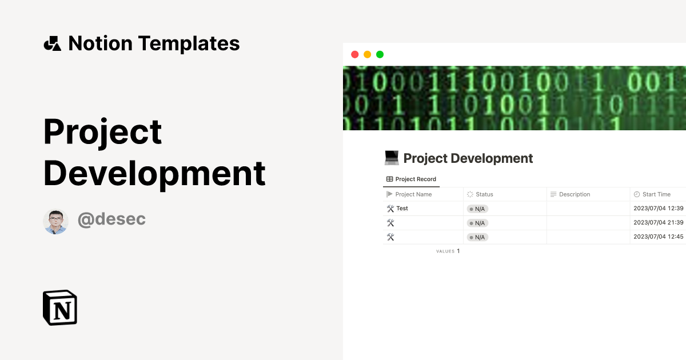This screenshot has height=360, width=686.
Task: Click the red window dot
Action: pos(354,54)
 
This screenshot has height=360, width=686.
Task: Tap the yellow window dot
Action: pos(367,54)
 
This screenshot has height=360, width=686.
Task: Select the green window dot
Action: pos(380,54)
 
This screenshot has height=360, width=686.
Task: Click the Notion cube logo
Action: pos(60,307)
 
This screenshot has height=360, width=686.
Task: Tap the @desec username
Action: pos(111,219)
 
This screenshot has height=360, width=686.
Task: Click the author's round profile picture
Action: pos(55,221)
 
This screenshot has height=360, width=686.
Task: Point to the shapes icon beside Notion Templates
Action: pos(52,43)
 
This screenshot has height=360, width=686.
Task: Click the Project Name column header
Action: pos(413,194)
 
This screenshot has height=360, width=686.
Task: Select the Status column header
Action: pos(484,194)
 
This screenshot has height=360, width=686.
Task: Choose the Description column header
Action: pos(574,194)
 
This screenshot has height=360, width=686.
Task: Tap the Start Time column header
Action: pos(656,194)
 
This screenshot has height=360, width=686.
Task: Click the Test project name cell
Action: pos(402,209)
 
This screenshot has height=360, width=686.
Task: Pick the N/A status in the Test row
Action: pos(477,209)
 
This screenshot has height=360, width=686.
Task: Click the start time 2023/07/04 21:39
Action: pos(659,223)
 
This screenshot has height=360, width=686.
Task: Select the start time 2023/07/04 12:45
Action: pos(659,237)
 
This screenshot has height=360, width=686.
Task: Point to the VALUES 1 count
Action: pos(448,251)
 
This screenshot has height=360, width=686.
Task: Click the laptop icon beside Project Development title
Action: pos(392,158)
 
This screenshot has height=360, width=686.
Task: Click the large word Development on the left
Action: pos(154,173)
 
